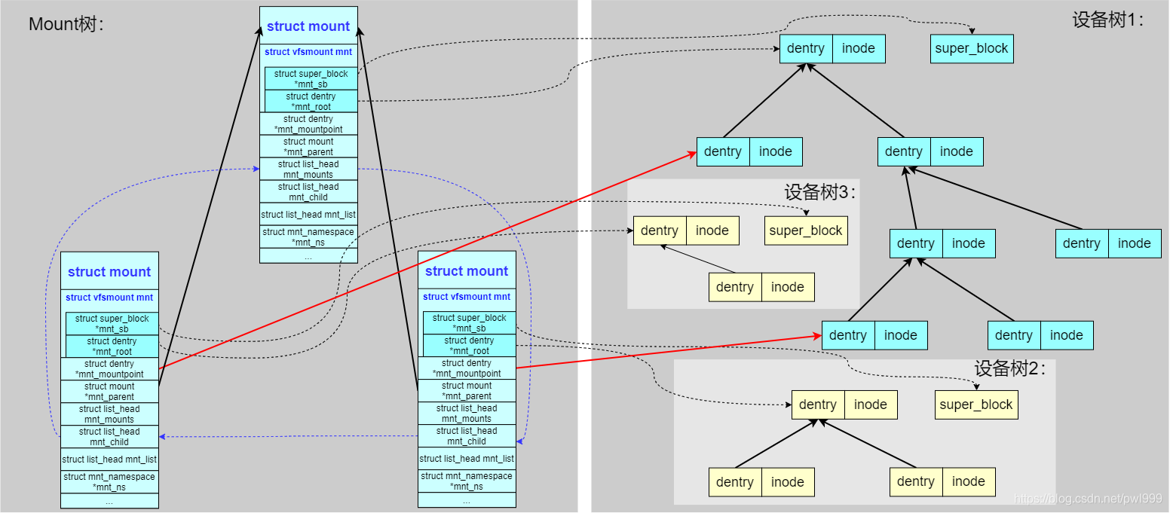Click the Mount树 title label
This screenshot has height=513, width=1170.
(x=66, y=24)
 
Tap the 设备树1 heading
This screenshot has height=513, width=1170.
(x=1107, y=20)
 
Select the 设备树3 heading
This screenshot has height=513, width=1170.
(x=820, y=192)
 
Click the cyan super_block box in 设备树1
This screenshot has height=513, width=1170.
(x=972, y=49)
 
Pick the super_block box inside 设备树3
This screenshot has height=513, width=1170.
(x=806, y=231)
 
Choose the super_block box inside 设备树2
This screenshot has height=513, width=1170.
(x=976, y=405)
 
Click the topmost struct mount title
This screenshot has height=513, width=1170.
(x=308, y=26)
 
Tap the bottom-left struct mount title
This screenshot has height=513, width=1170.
(x=109, y=272)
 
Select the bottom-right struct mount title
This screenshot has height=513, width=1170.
(x=467, y=271)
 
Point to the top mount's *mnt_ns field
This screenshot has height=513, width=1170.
(x=308, y=237)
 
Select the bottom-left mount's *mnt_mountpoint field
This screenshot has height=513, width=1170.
(x=109, y=369)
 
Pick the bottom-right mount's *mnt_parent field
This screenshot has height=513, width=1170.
(x=467, y=391)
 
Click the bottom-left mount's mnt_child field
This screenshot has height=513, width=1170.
(x=109, y=437)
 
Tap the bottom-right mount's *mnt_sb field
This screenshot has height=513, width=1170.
(x=470, y=323)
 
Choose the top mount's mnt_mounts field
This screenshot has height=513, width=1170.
(x=308, y=169)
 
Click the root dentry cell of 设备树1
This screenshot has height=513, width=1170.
(x=806, y=49)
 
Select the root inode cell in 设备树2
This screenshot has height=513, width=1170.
(x=871, y=405)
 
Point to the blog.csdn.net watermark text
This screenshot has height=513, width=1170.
(x=1088, y=499)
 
